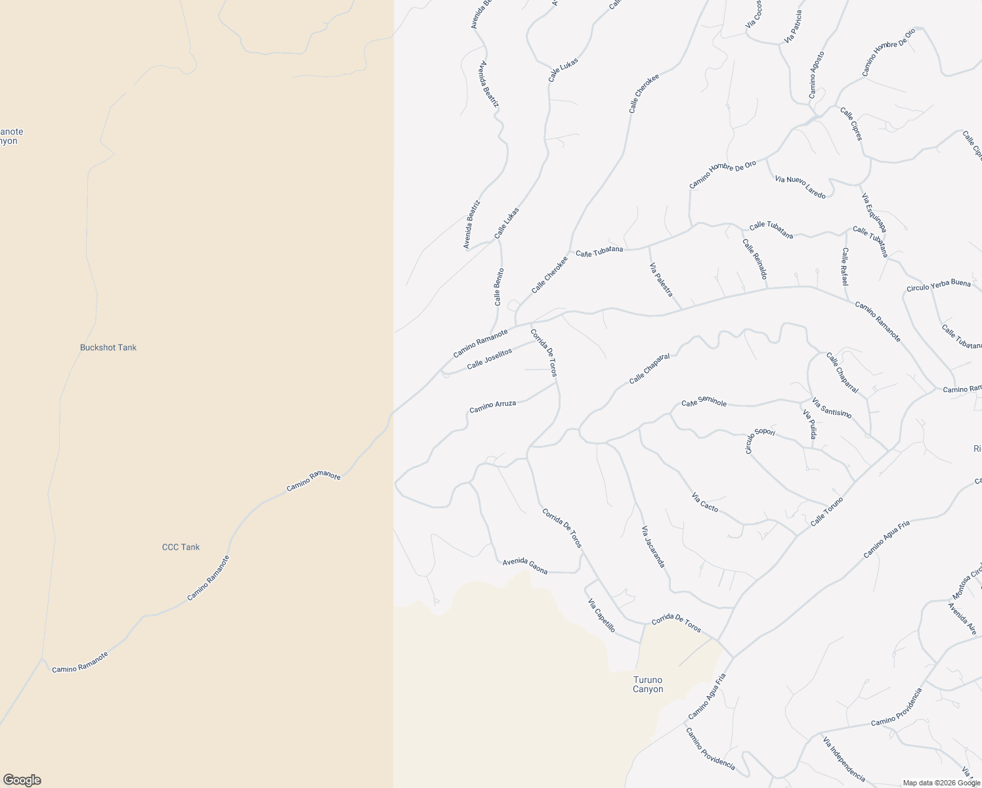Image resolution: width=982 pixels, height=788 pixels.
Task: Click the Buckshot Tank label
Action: (x=108, y=347)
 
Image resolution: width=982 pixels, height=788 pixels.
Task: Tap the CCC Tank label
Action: (x=181, y=547)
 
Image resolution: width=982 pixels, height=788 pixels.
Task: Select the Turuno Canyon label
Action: (x=648, y=684)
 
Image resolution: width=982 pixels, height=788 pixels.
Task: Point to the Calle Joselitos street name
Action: (x=489, y=359)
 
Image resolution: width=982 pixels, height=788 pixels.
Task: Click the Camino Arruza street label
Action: (x=492, y=406)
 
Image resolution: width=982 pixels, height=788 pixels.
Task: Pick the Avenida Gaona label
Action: (x=524, y=565)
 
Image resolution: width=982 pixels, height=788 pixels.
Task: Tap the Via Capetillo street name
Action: (x=601, y=615)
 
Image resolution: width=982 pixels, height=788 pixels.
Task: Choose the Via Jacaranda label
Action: (x=653, y=546)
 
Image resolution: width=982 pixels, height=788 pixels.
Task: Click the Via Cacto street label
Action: (x=705, y=502)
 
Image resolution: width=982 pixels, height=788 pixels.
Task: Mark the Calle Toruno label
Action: (x=826, y=511)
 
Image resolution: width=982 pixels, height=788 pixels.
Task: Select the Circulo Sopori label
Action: (x=760, y=440)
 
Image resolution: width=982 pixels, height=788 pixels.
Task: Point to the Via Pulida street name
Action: (x=810, y=424)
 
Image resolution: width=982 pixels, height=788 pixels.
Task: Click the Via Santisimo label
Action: (x=832, y=408)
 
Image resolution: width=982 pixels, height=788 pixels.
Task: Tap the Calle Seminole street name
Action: (x=704, y=403)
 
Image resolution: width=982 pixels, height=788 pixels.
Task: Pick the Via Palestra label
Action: (x=661, y=280)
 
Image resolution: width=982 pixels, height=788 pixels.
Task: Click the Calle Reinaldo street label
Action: (x=755, y=259)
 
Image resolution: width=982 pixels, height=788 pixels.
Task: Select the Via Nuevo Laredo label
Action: (x=800, y=186)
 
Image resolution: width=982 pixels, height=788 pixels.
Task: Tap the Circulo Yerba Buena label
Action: (x=938, y=286)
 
